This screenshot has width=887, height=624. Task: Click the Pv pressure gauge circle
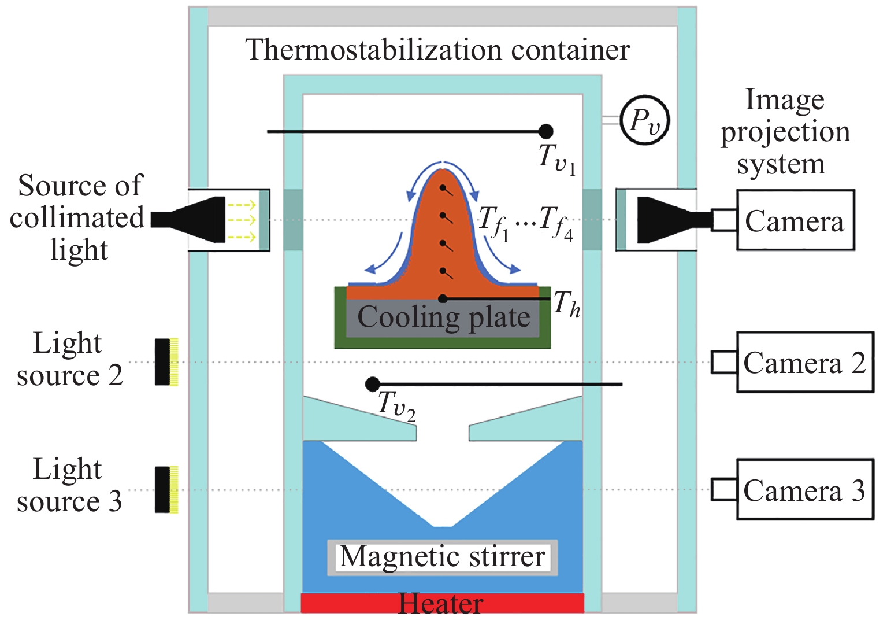pyautogui.click(x=644, y=120)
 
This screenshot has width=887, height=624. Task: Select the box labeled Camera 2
pyautogui.click(x=804, y=363)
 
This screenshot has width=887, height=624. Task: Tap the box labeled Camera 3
pyautogui.click(x=804, y=490)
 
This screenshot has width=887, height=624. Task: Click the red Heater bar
pyautogui.click(x=442, y=603)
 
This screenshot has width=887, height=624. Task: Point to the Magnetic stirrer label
pyautogui.click(x=443, y=557)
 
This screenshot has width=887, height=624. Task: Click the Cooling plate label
pyautogui.click(x=443, y=317)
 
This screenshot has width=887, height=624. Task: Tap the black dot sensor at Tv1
pyautogui.click(x=545, y=131)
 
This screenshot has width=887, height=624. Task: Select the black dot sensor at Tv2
pyautogui.click(x=373, y=384)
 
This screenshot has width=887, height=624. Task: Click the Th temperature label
pyautogui.click(x=567, y=304)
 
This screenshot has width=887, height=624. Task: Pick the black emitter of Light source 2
pyautogui.click(x=163, y=362)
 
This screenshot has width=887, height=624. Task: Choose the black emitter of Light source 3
pyautogui.click(x=163, y=490)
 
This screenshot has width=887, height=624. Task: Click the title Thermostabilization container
pyautogui.click(x=437, y=50)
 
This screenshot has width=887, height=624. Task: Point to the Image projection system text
pyautogui.click(x=785, y=132)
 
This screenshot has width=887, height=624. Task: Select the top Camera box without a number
pyautogui.click(x=795, y=220)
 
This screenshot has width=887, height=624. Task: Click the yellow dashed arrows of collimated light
pyautogui.click(x=241, y=220)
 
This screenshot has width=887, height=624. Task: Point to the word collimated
pyautogui.click(x=77, y=219)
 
